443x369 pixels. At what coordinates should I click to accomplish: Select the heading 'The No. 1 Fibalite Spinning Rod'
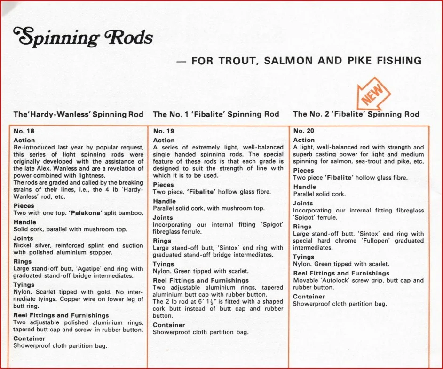coord(216,114)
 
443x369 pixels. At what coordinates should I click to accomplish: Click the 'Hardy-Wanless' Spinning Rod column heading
coord(79,114)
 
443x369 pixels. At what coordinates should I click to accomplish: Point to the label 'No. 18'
coord(24,131)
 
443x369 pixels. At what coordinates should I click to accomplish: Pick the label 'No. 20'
coord(303,131)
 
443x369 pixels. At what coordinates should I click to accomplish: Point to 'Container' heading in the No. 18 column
coord(30,338)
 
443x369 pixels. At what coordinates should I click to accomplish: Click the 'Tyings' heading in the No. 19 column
coord(163,264)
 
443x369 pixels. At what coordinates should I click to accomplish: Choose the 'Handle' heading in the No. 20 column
coord(304,187)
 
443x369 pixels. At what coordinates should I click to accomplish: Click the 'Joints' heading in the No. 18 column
coord(23,238)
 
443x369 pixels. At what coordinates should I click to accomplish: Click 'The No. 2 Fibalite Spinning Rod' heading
coord(356,114)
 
